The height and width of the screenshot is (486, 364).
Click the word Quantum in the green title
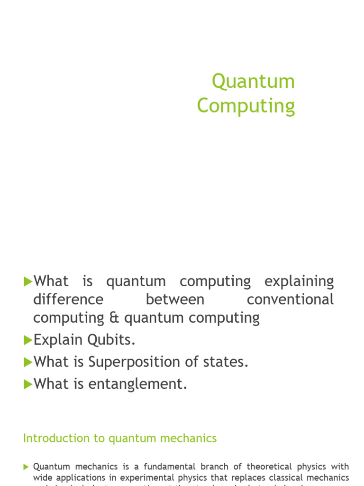[x=253, y=82]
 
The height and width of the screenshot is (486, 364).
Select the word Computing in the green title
[x=246, y=106]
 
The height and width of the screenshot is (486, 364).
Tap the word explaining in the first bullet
[x=299, y=281]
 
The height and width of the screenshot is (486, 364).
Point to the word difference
[x=68, y=299]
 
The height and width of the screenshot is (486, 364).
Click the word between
[x=175, y=299]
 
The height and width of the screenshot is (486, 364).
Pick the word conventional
[x=290, y=299]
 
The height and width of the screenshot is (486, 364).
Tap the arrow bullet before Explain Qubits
[x=27, y=340]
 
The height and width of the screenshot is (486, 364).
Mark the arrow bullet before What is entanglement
[x=27, y=384]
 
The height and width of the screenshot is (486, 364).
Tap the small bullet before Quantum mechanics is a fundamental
[x=26, y=467]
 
